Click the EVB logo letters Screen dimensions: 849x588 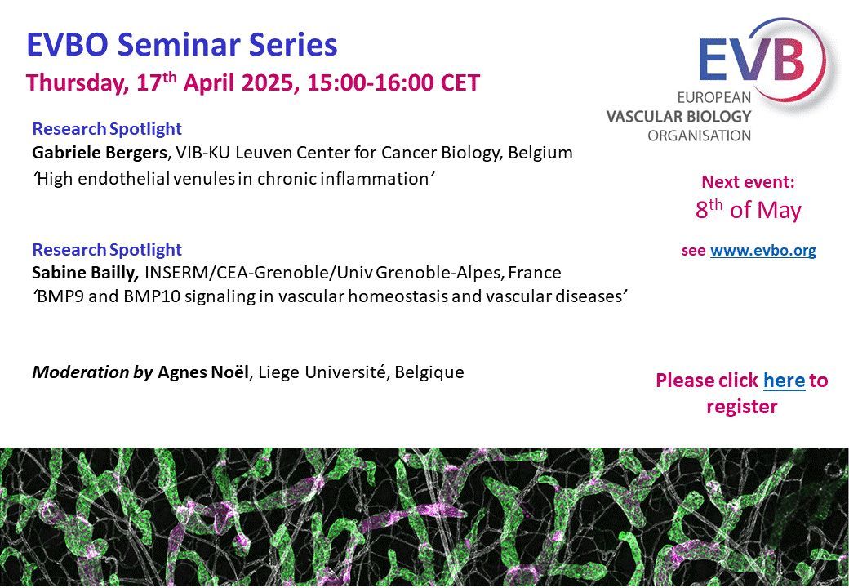(752, 60)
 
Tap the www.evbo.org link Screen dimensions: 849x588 (763, 251)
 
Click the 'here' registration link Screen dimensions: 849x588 (784, 380)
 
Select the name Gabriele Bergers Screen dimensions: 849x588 (99, 154)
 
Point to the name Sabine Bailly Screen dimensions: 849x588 (85, 272)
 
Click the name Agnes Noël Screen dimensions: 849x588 (203, 372)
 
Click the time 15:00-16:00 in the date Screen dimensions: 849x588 (371, 83)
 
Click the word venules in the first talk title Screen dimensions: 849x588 (203, 179)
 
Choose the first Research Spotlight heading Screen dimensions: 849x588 (107, 129)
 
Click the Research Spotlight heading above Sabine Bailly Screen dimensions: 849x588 (107, 250)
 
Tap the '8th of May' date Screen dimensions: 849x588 (748, 210)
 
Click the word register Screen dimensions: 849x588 (742, 407)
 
